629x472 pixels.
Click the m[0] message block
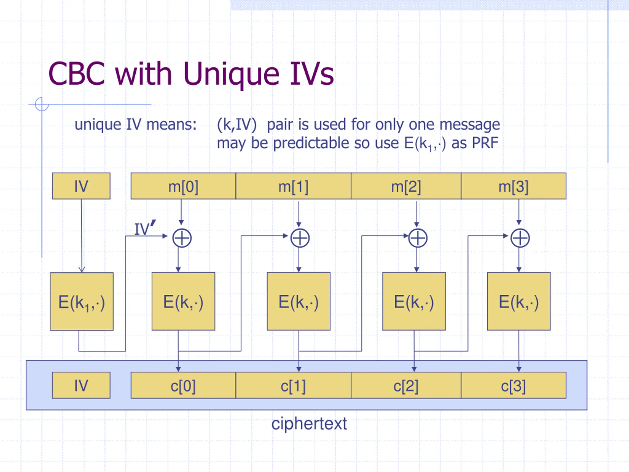183,186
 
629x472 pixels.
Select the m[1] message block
293,186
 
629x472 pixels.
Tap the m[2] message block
406,186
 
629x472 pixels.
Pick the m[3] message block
514,186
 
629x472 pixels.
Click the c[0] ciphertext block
183,385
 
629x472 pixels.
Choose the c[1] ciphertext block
293,385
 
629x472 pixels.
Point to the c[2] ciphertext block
406,385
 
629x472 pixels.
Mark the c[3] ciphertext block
514,385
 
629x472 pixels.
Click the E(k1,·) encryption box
82,302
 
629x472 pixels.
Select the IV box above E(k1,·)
81,186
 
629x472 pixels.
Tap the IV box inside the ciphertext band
81,385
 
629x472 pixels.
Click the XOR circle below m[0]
182,238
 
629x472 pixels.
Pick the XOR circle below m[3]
520,238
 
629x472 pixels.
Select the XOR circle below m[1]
300,238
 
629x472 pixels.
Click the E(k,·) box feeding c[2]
414,301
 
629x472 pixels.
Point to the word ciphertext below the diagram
309,424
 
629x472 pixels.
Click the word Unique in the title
231,74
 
